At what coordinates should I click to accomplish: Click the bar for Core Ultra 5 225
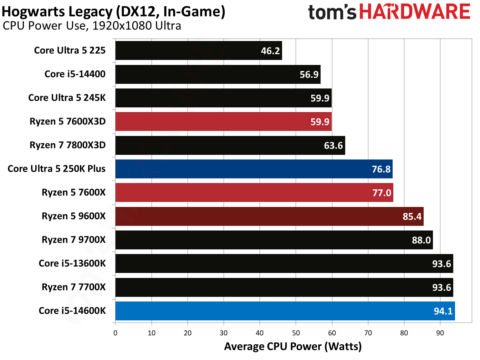(x=198, y=51)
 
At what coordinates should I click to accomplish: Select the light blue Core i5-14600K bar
(x=285, y=311)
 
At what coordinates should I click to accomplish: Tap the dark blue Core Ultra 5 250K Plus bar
(x=254, y=169)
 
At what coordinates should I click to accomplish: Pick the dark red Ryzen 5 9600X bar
(x=269, y=216)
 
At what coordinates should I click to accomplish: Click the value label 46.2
(x=270, y=51)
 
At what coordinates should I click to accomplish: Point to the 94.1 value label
(x=443, y=311)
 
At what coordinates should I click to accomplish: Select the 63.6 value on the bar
(x=333, y=146)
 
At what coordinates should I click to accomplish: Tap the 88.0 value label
(x=421, y=240)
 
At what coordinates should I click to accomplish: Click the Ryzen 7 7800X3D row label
(x=67, y=145)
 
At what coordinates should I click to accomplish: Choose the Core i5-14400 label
(x=75, y=74)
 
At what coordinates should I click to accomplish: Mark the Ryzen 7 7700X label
(x=73, y=287)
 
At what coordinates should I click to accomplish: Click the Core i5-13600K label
(x=72, y=263)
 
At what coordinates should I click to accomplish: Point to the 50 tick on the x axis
(x=296, y=333)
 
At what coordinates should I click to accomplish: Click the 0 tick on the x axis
(x=115, y=333)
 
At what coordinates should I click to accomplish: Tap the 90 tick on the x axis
(x=440, y=333)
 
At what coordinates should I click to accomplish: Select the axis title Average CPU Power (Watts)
(x=293, y=346)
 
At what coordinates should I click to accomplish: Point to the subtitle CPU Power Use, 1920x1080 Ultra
(x=92, y=26)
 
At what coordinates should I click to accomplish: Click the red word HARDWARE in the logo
(x=414, y=12)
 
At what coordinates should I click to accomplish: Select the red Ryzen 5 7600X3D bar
(x=223, y=122)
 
